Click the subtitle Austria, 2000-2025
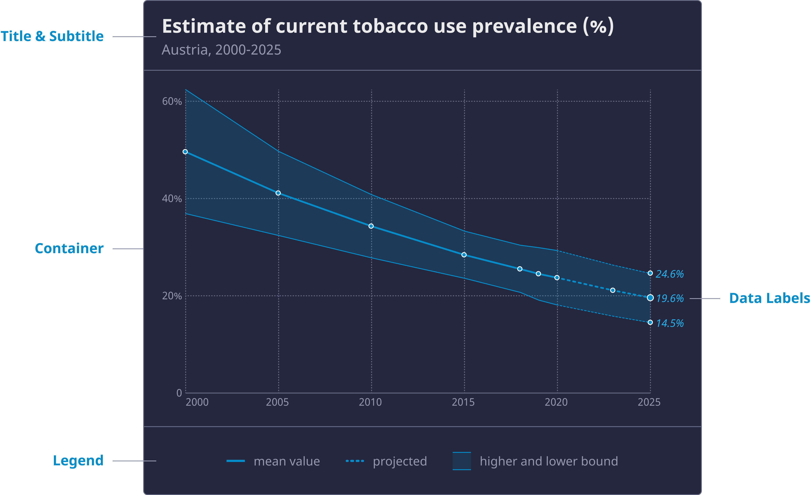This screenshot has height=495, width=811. (221, 50)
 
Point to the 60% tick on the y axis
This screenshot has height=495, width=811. (172, 101)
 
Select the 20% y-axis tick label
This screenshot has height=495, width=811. (172, 296)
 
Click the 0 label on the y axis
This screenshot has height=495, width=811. (179, 393)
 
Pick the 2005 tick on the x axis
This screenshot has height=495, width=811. (277, 402)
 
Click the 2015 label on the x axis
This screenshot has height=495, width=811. (463, 402)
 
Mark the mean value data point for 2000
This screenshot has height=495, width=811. (185, 152)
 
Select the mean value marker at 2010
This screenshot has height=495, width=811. (371, 226)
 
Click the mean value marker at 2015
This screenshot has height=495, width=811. (464, 255)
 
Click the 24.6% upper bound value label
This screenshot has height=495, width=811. (670, 274)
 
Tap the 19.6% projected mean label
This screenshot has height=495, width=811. (670, 299)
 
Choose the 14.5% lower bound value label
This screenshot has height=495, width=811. (670, 323)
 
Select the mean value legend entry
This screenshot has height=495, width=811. (286, 461)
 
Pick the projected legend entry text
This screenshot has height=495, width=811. (400, 461)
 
